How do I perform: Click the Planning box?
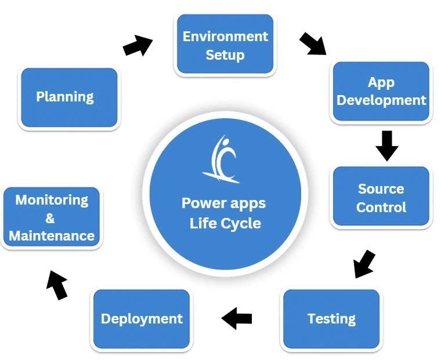(69, 97)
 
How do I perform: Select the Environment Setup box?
(225, 45)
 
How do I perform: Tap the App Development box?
(381, 92)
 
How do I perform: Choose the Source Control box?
(381, 198)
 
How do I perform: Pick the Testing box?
(331, 319)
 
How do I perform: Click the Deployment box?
(142, 319)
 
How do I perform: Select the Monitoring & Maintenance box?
(52, 218)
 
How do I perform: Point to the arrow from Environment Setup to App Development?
(313, 43)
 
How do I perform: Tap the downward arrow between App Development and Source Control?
(386, 145)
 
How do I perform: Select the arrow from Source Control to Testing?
(364, 264)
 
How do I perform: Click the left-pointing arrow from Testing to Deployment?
(237, 318)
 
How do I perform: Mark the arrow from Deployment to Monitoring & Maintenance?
(57, 284)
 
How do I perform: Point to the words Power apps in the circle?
(224, 203)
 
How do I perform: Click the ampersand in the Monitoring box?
(50, 218)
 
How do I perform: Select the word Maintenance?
(52, 236)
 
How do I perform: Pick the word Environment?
(225, 37)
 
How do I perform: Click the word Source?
(381, 189)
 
